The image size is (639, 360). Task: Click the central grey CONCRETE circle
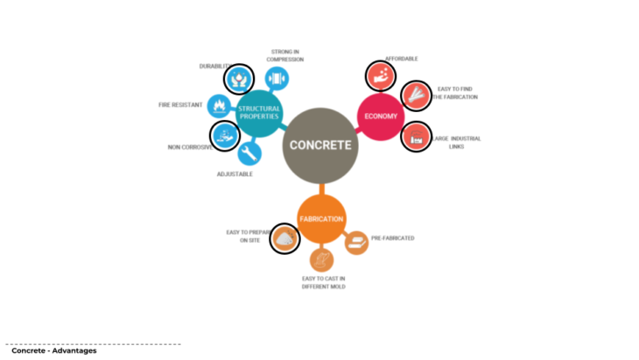tap(321, 145)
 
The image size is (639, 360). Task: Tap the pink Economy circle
tap(381, 116)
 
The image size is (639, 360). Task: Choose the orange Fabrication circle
tap(321, 219)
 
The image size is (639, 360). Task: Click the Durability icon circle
tap(238, 79)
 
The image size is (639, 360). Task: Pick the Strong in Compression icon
tap(277, 79)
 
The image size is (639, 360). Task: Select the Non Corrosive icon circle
tap(225, 136)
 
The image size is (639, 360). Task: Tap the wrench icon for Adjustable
tap(249, 153)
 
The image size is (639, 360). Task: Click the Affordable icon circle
tap(378, 75)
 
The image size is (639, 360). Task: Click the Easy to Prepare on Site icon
tap(284, 236)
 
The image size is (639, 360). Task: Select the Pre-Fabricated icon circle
tap(356, 243)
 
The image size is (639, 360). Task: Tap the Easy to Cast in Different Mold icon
tap(321, 260)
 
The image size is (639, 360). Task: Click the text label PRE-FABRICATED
tap(393, 238)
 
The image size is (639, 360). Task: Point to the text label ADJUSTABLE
tap(235, 174)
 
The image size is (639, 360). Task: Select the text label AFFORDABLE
tap(402, 59)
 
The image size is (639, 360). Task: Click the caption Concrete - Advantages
tap(53, 351)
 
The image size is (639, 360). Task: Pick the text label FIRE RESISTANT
tap(180, 105)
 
